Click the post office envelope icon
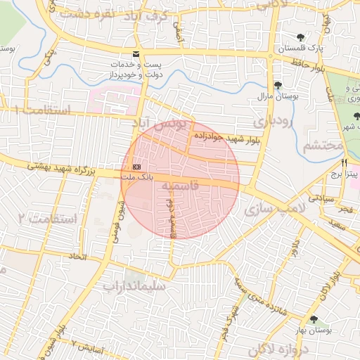[136, 55]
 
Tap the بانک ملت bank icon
[136, 166]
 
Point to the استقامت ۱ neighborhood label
[42, 110]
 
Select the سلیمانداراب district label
[134, 286]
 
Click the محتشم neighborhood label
[323, 146]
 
